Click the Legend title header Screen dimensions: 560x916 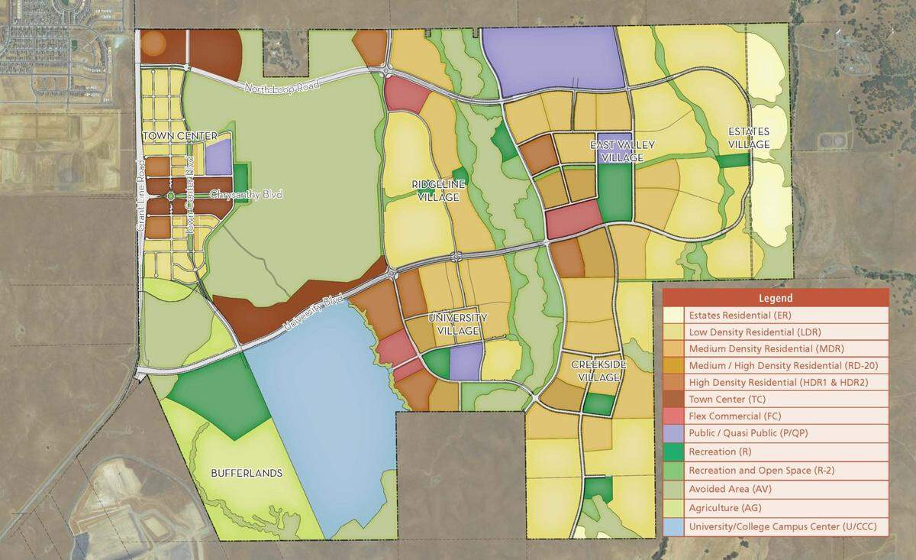[x=775, y=298]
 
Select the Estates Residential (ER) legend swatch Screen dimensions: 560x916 [x=673, y=315]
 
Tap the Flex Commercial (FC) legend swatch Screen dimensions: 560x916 [x=673, y=416]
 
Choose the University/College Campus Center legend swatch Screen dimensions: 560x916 [x=673, y=526]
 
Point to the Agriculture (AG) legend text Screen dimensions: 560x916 [x=725, y=508]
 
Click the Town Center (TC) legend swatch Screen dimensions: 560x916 [x=673, y=400]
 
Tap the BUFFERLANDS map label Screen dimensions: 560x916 [x=247, y=473]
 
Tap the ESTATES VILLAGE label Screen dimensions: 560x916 [x=748, y=137]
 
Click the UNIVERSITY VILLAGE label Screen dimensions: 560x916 [x=458, y=324]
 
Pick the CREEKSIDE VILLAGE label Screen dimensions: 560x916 [x=598, y=371]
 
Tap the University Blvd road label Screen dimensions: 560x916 [x=314, y=313]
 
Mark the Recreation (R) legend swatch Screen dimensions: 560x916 [x=673, y=450]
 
